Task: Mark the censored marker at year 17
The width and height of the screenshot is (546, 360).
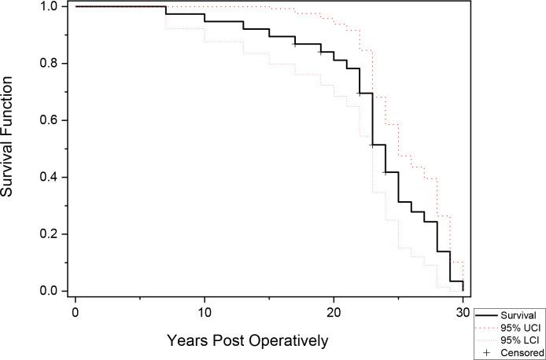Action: (295, 44)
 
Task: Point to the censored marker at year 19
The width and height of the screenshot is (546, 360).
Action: (320, 53)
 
